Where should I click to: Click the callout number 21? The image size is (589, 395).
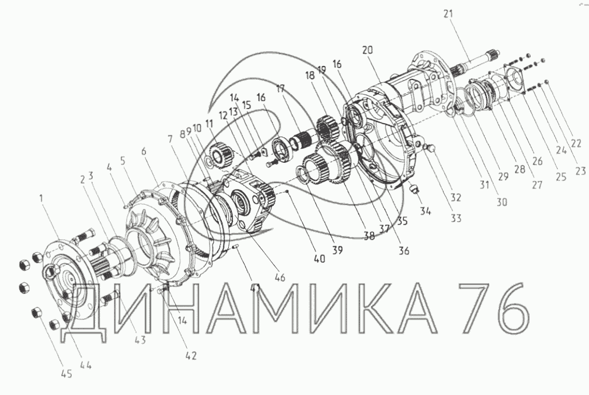click(448, 14)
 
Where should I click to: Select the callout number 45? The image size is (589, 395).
click(67, 373)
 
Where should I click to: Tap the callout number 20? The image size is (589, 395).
click(367, 50)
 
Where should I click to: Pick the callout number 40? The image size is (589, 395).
click(319, 258)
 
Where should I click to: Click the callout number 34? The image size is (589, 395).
click(425, 211)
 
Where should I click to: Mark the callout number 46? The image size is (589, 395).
click(280, 277)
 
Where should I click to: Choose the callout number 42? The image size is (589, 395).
click(191, 355)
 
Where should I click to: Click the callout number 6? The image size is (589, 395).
click(144, 151)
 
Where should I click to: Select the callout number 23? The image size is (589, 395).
click(580, 171)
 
